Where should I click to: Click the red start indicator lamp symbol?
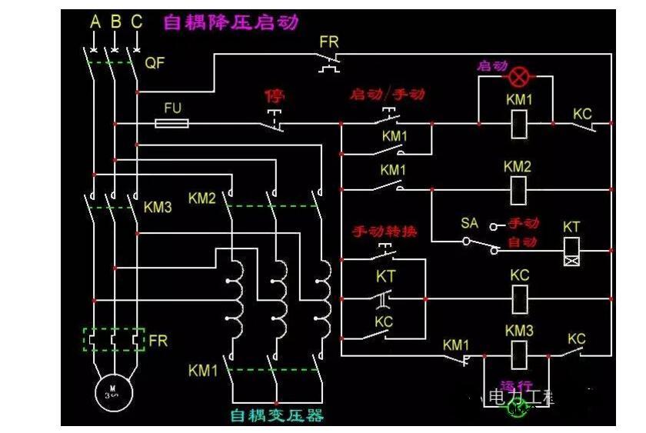pos(521,77)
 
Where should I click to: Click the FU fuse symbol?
pos(173,123)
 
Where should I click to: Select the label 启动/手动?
pos(387,95)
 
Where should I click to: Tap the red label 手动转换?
pos(385,231)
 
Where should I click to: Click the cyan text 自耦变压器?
pos(277,416)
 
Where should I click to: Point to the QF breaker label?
pos(155,63)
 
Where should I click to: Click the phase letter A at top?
pos(95,22)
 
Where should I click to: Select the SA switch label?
pos(469,223)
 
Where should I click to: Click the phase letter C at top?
pos(136,22)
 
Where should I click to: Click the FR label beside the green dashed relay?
pos(158,340)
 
